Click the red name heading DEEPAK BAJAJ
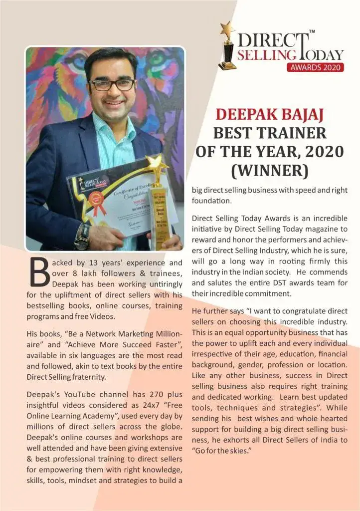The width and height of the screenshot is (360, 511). click(269, 114)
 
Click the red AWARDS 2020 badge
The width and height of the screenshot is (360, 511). click(315, 67)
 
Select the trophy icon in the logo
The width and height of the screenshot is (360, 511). click(227, 45)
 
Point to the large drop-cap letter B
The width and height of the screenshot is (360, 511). click(39, 272)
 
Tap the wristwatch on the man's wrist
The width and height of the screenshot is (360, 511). click(81, 236)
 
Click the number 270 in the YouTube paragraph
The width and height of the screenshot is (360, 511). click(139, 395)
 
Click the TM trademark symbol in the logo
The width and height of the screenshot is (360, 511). click(312, 32)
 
